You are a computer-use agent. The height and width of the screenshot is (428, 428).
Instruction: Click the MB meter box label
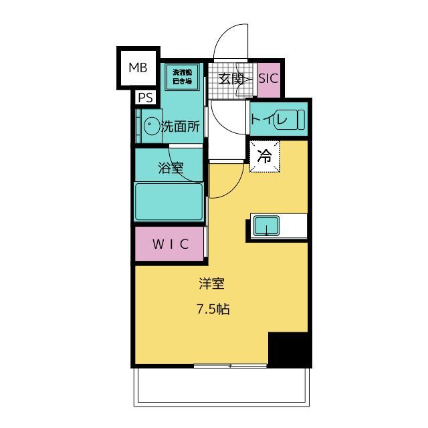pos(138,67)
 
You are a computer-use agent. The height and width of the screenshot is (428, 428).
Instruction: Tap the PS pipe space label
pos(145,98)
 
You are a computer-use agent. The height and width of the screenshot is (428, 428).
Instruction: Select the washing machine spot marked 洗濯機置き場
pos(182,76)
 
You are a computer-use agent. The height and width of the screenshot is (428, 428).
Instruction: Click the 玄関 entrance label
pos(229,78)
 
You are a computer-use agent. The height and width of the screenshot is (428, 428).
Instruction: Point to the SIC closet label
pos(267,78)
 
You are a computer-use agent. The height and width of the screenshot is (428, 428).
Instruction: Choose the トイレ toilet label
pos(270,120)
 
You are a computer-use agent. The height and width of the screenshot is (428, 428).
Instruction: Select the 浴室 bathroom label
pos(170,168)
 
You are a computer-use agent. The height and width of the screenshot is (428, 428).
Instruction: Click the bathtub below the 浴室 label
pos(169,202)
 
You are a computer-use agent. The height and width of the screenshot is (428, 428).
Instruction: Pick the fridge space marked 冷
pos(264,157)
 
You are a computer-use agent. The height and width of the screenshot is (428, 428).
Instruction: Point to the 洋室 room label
pos(211,284)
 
